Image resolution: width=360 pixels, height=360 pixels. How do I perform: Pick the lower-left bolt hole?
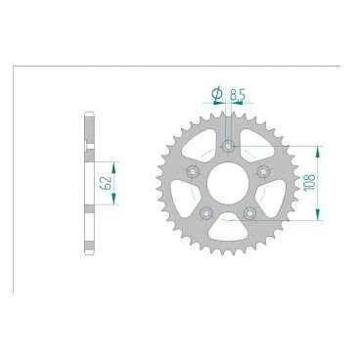(x=206, y=213)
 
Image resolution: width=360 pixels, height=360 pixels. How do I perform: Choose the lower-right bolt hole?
(x=250, y=213)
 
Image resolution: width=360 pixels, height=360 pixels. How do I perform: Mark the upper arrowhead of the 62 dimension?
(x=113, y=157)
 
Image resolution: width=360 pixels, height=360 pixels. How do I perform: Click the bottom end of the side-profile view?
(x=90, y=257)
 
